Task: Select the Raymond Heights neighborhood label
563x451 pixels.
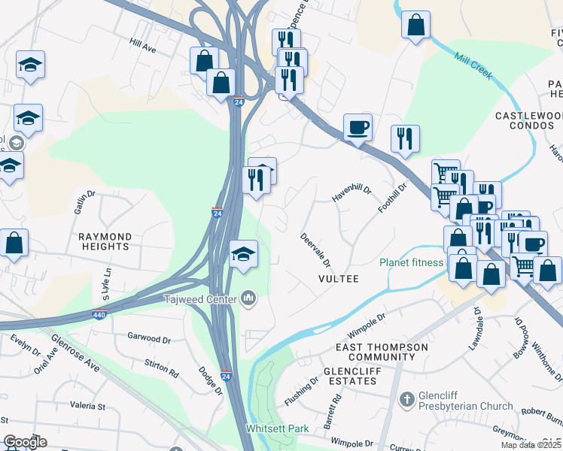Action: pos(105,241)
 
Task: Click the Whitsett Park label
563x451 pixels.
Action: pos(278,429)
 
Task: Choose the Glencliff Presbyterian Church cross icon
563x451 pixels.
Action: pos(406,398)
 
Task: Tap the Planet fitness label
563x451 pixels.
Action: pos(412,263)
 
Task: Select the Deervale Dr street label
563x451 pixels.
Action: pos(315,249)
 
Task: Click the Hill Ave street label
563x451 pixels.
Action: pos(142,47)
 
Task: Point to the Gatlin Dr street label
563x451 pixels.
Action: pos(85,202)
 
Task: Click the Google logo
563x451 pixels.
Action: pos(25,441)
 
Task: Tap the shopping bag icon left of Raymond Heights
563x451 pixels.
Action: pos(14,243)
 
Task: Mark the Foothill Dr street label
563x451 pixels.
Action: pos(392,197)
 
